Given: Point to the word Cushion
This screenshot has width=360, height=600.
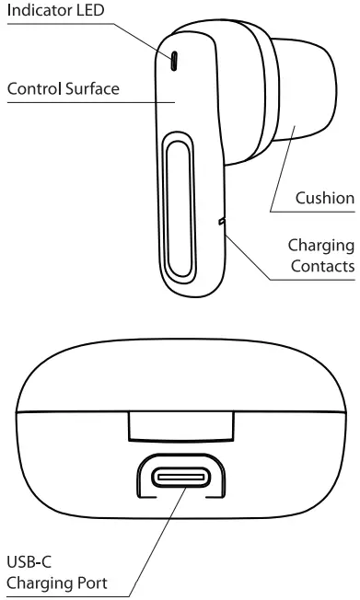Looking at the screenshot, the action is tap(324, 198).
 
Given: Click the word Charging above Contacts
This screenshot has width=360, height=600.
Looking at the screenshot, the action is tap(321, 246).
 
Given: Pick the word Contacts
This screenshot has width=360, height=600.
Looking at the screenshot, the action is tap(323, 268).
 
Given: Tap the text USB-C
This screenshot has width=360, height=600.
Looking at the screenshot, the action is tap(26, 562).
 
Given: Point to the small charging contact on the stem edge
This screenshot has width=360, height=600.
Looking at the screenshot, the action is tap(221, 221).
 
